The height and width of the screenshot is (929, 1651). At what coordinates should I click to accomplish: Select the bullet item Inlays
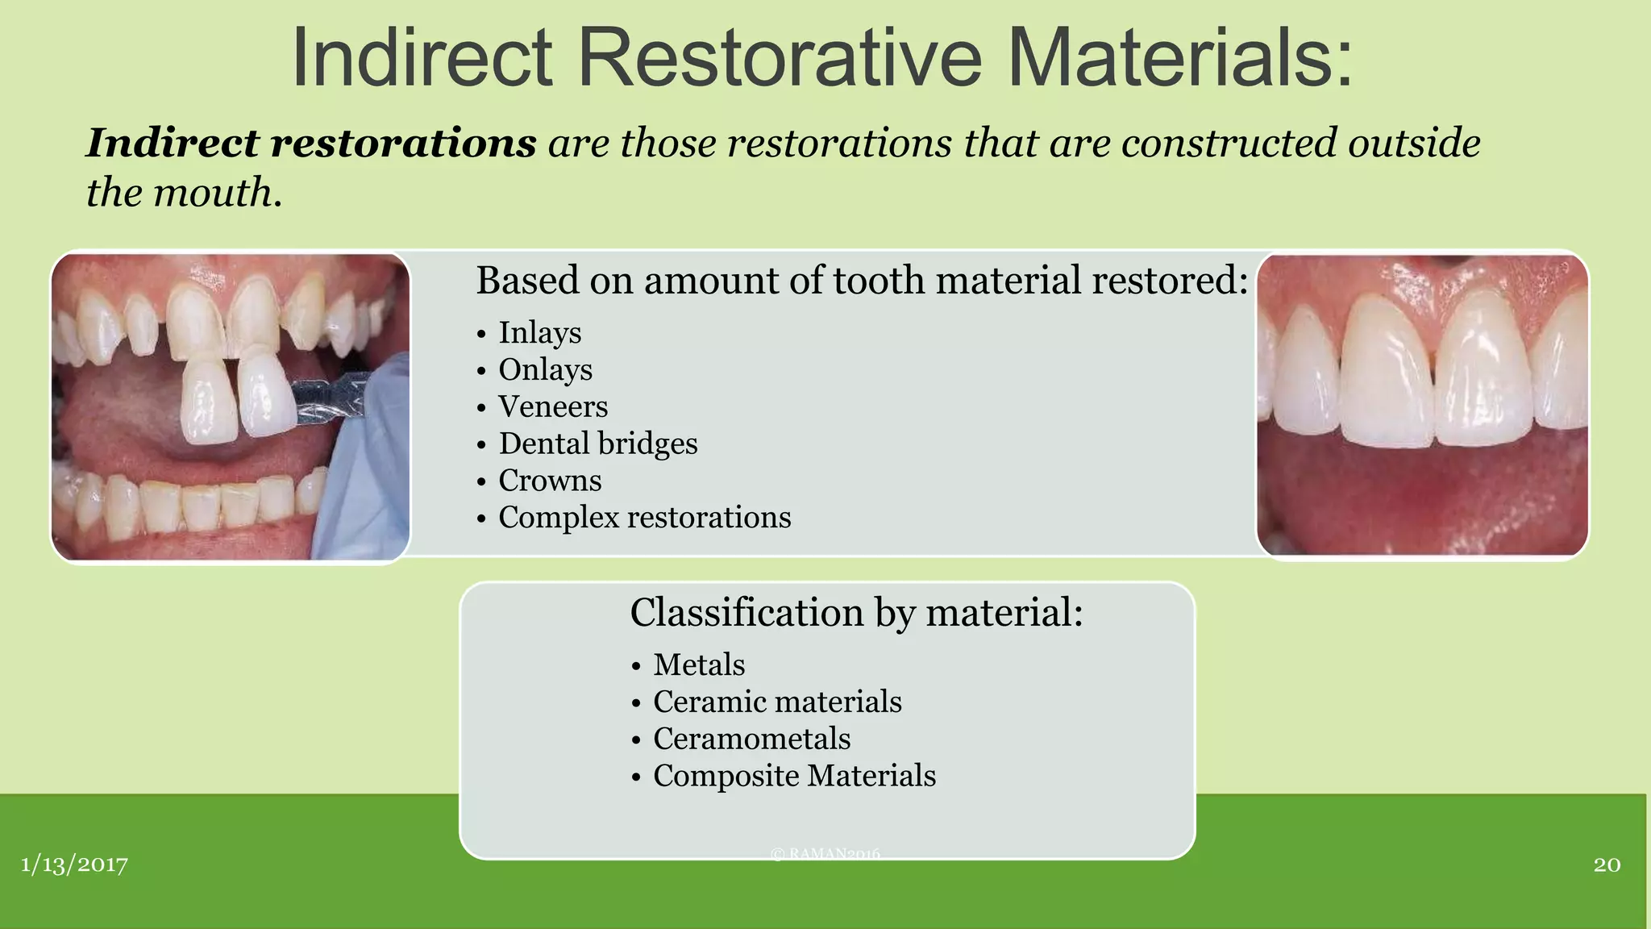click(539, 332)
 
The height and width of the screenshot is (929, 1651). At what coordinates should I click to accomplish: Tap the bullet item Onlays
click(545, 369)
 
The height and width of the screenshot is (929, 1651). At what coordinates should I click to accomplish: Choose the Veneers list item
click(553, 406)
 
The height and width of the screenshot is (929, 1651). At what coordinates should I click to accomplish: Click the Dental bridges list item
click(597, 444)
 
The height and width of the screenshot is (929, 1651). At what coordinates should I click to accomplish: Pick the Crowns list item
click(550, 481)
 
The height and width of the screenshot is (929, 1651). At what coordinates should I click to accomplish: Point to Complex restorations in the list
click(644, 518)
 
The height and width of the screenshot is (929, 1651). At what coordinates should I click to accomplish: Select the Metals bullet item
click(698, 665)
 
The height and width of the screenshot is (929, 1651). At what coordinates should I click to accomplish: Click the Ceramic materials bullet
click(776, 702)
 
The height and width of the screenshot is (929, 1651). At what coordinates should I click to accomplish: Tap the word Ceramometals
click(751, 739)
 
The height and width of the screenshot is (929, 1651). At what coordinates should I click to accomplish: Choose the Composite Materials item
click(794, 776)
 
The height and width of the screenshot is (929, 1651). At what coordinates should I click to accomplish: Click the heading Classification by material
click(856, 612)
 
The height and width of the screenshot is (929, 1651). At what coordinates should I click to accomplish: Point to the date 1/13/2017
click(74, 864)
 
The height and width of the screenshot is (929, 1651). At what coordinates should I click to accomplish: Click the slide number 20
click(1607, 864)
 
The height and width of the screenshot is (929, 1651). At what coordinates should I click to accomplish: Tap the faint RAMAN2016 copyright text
click(825, 853)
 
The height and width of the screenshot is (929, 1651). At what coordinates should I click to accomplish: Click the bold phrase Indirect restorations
click(311, 144)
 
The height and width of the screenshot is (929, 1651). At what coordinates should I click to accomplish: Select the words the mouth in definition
click(184, 193)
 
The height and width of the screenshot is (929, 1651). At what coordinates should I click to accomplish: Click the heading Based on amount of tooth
click(861, 281)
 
